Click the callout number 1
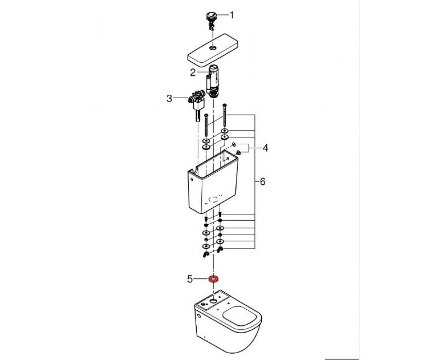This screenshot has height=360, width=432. click(x=232, y=15)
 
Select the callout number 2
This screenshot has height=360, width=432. click(x=193, y=72)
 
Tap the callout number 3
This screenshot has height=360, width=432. click(x=169, y=99)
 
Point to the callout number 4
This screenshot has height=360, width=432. click(x=265, y=148)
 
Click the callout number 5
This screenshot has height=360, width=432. click(x=190, y=279)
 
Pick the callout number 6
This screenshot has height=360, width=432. click(x=262, y=182)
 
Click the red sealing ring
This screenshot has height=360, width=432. click(x=213, y=279)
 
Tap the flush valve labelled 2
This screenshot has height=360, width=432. click(x=212, y=82)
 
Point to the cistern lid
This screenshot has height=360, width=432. click(x=213, y=50)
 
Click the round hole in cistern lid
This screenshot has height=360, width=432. click(x=212, y=48)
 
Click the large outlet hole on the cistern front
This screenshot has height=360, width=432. click(x=213, y=199)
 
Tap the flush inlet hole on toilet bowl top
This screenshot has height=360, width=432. click(x=213, y=301)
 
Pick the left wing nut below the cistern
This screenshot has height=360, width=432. click(x=206, y=254)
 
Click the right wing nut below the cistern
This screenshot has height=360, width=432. click(x=220, y=250)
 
